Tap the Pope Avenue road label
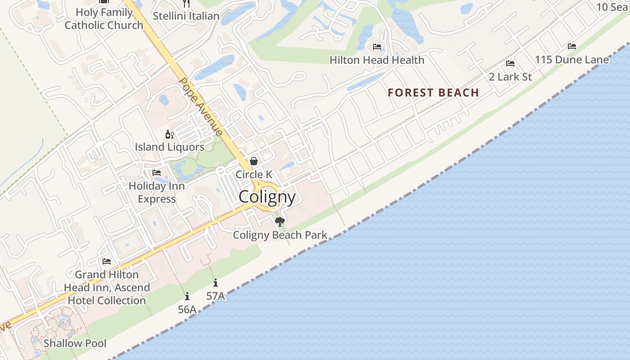(201, 106)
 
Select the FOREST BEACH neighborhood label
(433, 93)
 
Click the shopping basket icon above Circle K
(254, 161)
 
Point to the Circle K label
(254, 174)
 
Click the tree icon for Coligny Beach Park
(280, 221)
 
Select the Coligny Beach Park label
(280, 235)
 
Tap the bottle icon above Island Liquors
(170, 134)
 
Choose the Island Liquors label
(170, 147)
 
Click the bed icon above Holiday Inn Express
(157, 173)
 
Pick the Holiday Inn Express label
(157, 192)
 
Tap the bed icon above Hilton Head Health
(377, 47)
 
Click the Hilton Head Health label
(377, 60)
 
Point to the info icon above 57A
(216, 283)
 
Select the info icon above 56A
(187, 296)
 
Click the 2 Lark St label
(510, 77)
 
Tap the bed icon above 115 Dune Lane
(572, 46)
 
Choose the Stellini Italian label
(186, 16)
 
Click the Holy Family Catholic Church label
(104, 19)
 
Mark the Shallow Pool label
(75, 343)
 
